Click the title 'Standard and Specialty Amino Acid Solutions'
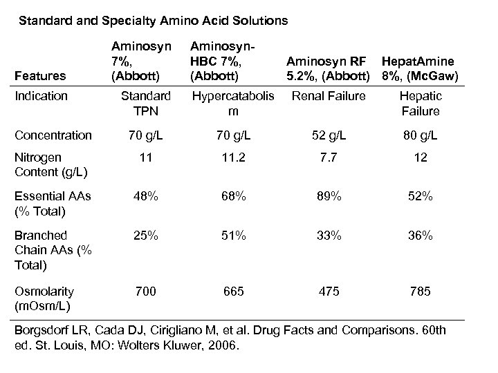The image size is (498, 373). (153, 21)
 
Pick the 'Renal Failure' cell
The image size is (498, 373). (329, 96)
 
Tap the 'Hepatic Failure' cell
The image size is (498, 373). (419, 103)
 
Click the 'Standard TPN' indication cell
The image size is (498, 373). (145, 103)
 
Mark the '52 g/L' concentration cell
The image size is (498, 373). (329, 135)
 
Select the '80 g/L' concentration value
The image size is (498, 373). (419, 135)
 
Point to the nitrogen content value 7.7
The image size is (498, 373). (329, 158)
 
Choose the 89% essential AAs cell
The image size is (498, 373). (329, 197)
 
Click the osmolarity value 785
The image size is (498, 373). (419, 291)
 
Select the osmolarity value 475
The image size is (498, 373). (329, 291)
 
